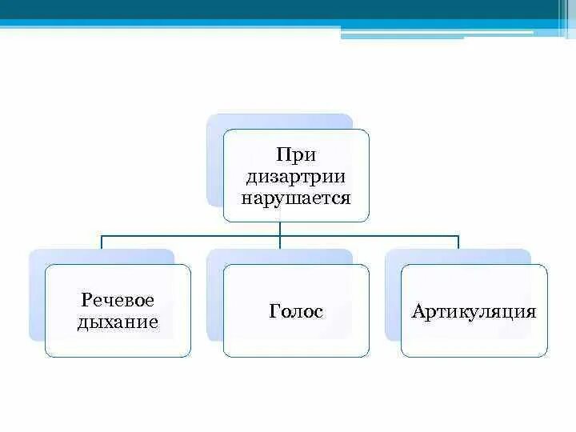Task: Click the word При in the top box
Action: [x=295, y=154]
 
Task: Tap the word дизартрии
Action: [x=295, y=176]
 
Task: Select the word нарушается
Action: [x=296, y=197]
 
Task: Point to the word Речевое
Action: [x=118, y=300]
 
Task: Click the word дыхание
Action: [x=118, y=322]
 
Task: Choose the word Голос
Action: [x=296, y=311]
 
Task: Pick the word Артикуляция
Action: [x=474, y=311]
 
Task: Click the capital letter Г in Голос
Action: [x=274, y=311]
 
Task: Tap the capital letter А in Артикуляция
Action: [x=418, y=311]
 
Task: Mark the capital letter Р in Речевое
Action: [x=86, y=300]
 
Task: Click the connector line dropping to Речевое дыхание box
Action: [x=102, y=242]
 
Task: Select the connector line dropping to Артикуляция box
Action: [x=458, y=242]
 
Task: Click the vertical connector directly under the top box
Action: [x=280, y=229]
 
